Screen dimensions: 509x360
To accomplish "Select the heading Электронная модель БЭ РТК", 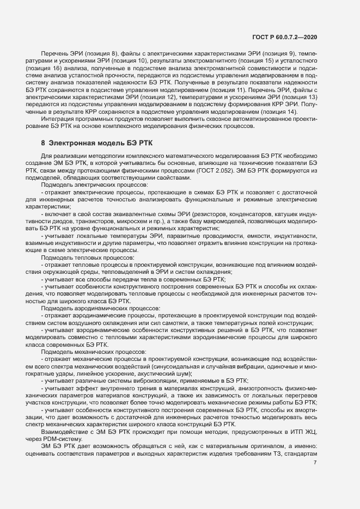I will click(x=93, y=143).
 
